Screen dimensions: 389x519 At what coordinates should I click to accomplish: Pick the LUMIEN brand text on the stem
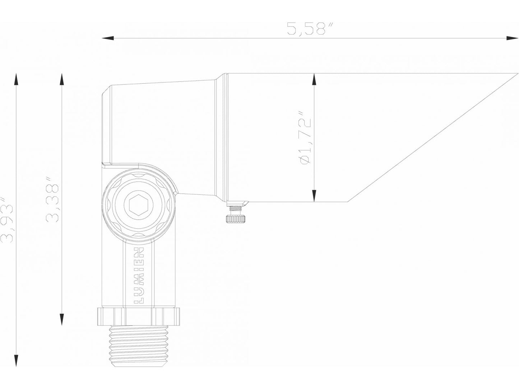(139, 275)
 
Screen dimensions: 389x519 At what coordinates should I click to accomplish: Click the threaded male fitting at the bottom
(138, 344)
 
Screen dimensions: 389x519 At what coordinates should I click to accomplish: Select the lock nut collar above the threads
(138, 315)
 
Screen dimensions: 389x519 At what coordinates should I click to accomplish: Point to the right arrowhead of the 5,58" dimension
(511, 38)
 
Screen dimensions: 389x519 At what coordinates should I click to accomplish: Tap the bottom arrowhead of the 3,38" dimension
(62, 319)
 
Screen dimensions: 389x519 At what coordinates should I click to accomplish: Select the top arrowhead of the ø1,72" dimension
(314, 79)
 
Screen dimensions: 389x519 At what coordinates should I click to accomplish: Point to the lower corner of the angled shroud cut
(348, 201)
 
